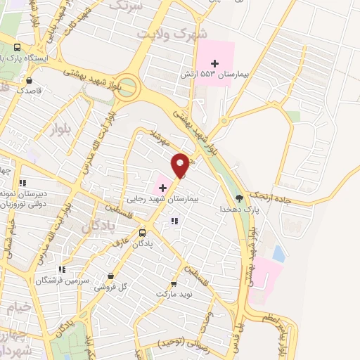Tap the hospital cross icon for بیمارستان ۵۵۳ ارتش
[215, 64]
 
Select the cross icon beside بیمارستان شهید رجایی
[163, 188]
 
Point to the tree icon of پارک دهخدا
[239, 198]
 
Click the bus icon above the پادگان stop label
[143, 233]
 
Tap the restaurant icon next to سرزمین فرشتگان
[63, 268]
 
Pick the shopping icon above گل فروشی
[110, 276]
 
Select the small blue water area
[278, 253]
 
